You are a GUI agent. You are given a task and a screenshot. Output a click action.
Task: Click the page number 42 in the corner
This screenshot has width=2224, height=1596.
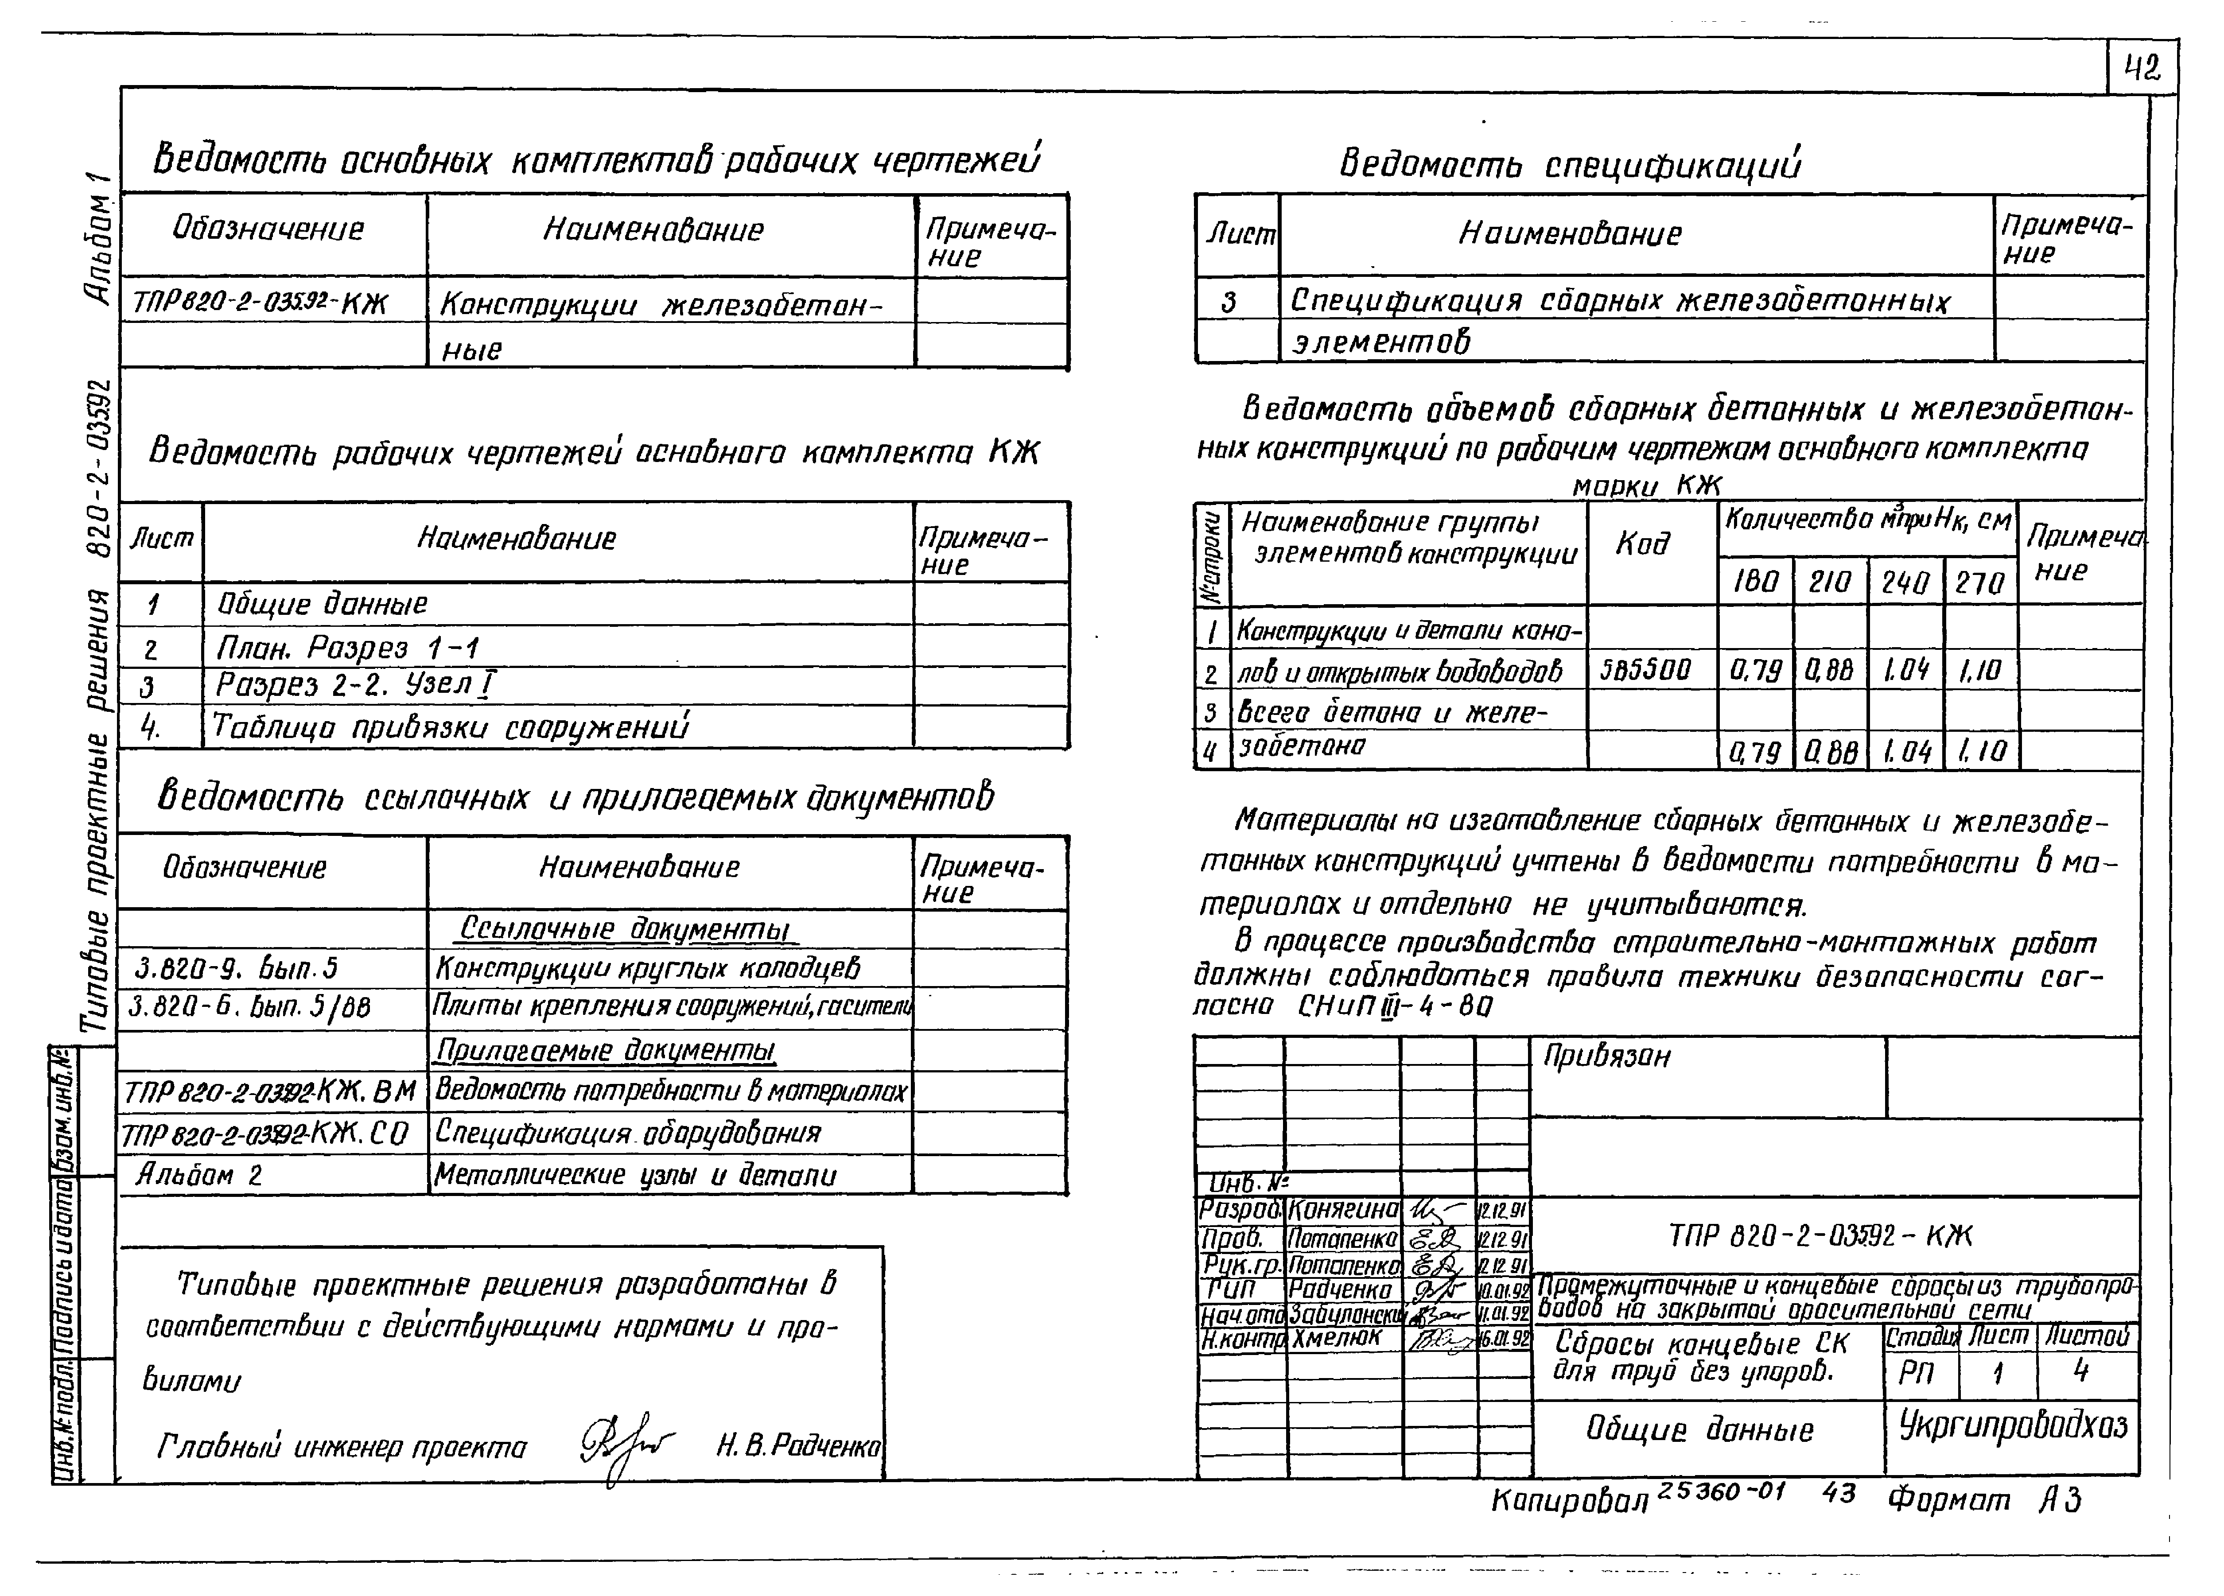(x=2142, y=69)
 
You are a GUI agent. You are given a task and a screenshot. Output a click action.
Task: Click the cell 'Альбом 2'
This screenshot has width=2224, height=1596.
(x=199, y=1174)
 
